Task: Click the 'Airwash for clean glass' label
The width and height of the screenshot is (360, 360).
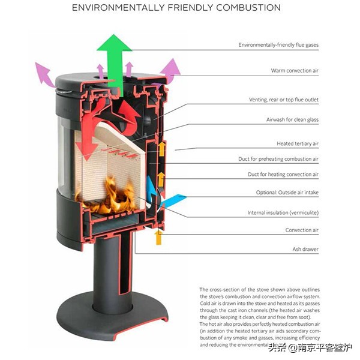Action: point(292,120)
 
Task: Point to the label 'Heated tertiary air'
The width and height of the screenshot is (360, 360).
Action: point(298,144)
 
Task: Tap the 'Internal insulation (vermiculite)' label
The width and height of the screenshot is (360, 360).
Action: point(283,213)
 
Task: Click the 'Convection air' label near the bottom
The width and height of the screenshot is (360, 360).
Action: point(302,230)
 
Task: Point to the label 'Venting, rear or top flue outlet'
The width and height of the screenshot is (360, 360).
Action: point(284,100)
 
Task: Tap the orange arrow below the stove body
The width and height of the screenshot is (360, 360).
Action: point(158,237)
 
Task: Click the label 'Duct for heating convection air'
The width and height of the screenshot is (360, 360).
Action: point(283,175)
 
